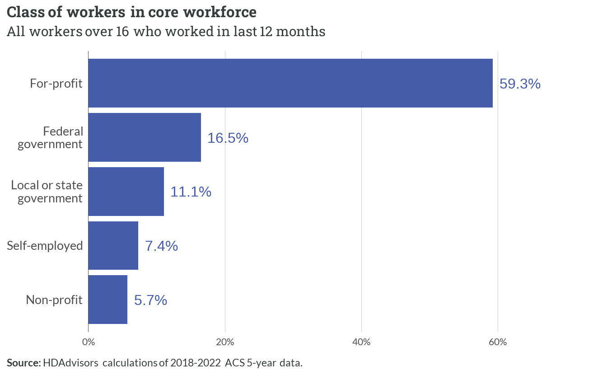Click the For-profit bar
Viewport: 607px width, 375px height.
pyautogui.click(x=290, y=83)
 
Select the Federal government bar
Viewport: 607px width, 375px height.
pyautogui.click(x=145, y=137)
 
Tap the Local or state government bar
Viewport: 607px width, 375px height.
pyautogui.click(x=126, y=192)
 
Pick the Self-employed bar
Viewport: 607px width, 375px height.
pyautogui.click(x=113, y=245)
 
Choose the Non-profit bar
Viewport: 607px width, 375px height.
pyautogui.click(x=108, y=300)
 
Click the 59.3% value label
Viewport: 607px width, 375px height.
pyautogui.click(x=520, y=84)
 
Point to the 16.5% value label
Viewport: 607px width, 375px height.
pyautogui.click(x=228, y=138)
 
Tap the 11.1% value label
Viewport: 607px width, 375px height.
pyautogui.click(x=191, y=192)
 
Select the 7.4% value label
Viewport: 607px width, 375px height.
pyautogui.click(x=162, y=246)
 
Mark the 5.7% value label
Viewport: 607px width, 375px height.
pyautogui.click(x=151, y=300)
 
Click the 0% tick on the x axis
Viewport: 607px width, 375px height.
pyautogui.click(x=89, y=342)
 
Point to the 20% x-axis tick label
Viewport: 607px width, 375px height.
pyautogui.click(x=225, y=342)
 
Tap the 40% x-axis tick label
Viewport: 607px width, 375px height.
pyautogui.click(x=361, y=342)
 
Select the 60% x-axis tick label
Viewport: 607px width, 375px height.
pyautogui.click(x=498, y=342)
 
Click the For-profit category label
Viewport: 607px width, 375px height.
pyautogui.click(x=56, y=84)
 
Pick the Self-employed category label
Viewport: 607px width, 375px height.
pyautogui.click(x=45, y=246)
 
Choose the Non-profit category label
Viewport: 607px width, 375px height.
pyautogui.click(x=54, y=300)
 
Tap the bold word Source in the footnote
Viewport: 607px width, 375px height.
pyautogui.click(x=24, y=363)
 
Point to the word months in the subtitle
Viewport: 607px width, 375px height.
pyautogui.click(x=300, y=32)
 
